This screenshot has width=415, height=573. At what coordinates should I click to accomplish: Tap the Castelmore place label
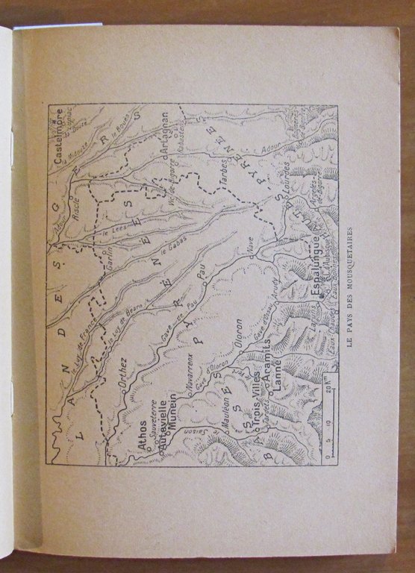59,135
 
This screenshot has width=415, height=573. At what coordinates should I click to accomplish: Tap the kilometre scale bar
330,418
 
